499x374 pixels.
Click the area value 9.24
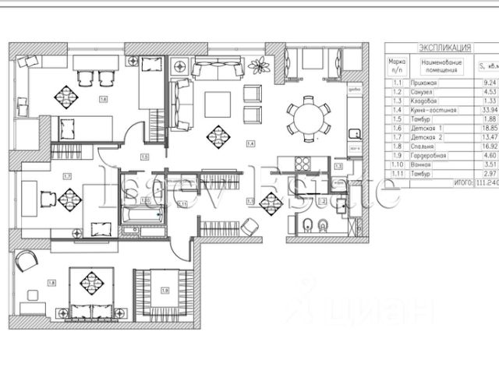click(x=490, y=80)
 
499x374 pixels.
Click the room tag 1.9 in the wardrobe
click(x=165, y=290)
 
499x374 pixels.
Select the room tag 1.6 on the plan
click(x=104, y=100)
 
